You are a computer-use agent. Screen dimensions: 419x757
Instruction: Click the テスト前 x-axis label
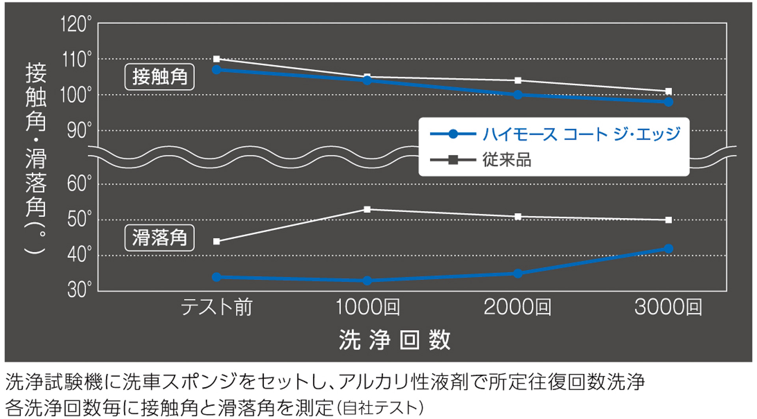[216, 307]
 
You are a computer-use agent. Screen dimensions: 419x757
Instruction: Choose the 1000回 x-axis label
[367, 307]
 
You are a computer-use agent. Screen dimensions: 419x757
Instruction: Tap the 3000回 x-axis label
[668, 307]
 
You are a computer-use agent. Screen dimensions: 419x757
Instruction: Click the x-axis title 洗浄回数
[394, 340]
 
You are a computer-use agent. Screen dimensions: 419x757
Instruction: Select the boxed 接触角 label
[159, 77]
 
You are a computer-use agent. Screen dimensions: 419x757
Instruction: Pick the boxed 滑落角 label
[159, 238]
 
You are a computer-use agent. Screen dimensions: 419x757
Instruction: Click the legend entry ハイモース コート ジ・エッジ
[581, 134]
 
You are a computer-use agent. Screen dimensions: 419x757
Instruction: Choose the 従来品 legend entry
[507, 160]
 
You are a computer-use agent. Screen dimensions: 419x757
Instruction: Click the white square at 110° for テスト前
[216, 59]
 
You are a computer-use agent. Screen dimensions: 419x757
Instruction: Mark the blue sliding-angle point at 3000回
[668, 249]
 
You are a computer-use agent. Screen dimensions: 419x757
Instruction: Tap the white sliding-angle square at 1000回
[367, 209]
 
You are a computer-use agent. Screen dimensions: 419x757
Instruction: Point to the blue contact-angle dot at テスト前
[216, 70]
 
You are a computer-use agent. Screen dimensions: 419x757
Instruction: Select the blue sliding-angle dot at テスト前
[216, 277]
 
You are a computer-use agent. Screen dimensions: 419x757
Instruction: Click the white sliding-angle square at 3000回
[668, 220]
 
